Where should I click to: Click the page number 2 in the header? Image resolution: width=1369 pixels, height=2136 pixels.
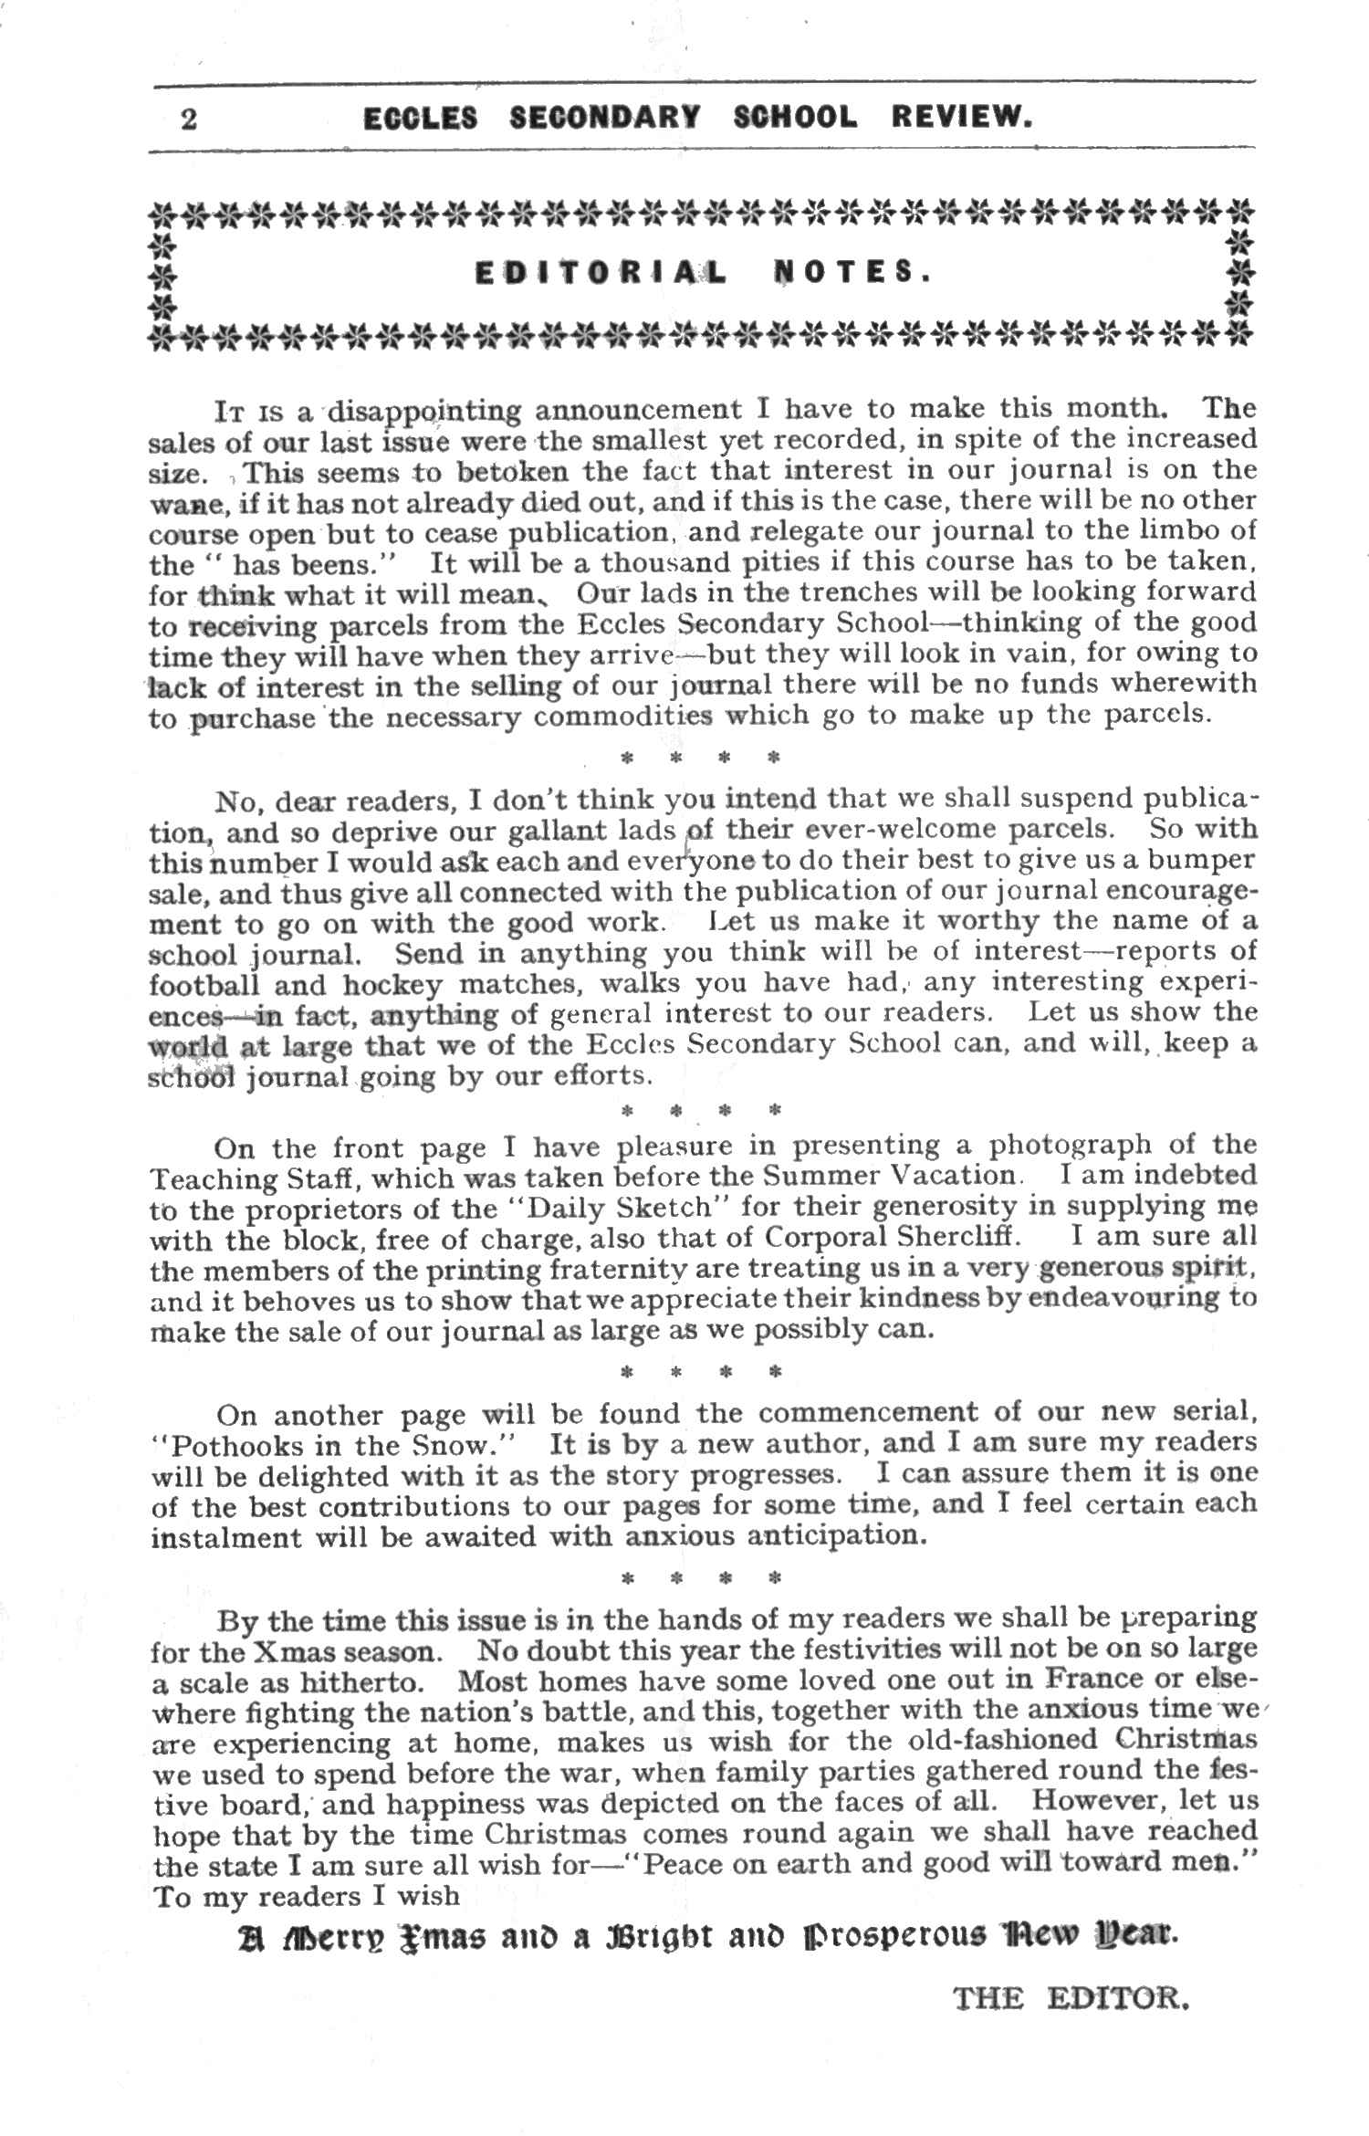pos(189,120)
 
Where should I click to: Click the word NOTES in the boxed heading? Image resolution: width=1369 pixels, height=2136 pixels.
pos(852,273)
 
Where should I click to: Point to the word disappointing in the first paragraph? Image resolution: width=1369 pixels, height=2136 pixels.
pos(423,413)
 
